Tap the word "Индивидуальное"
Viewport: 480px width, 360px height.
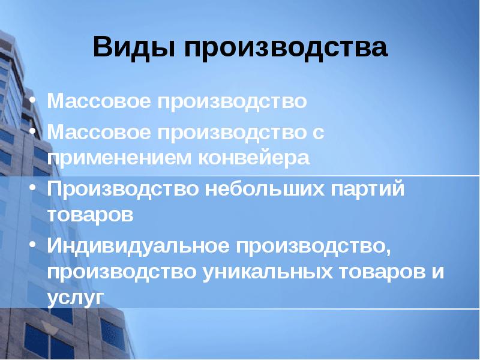pyautogui.click(x=137, y=245)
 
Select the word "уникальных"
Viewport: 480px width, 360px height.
pyautogui.click(x=267, y=271)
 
